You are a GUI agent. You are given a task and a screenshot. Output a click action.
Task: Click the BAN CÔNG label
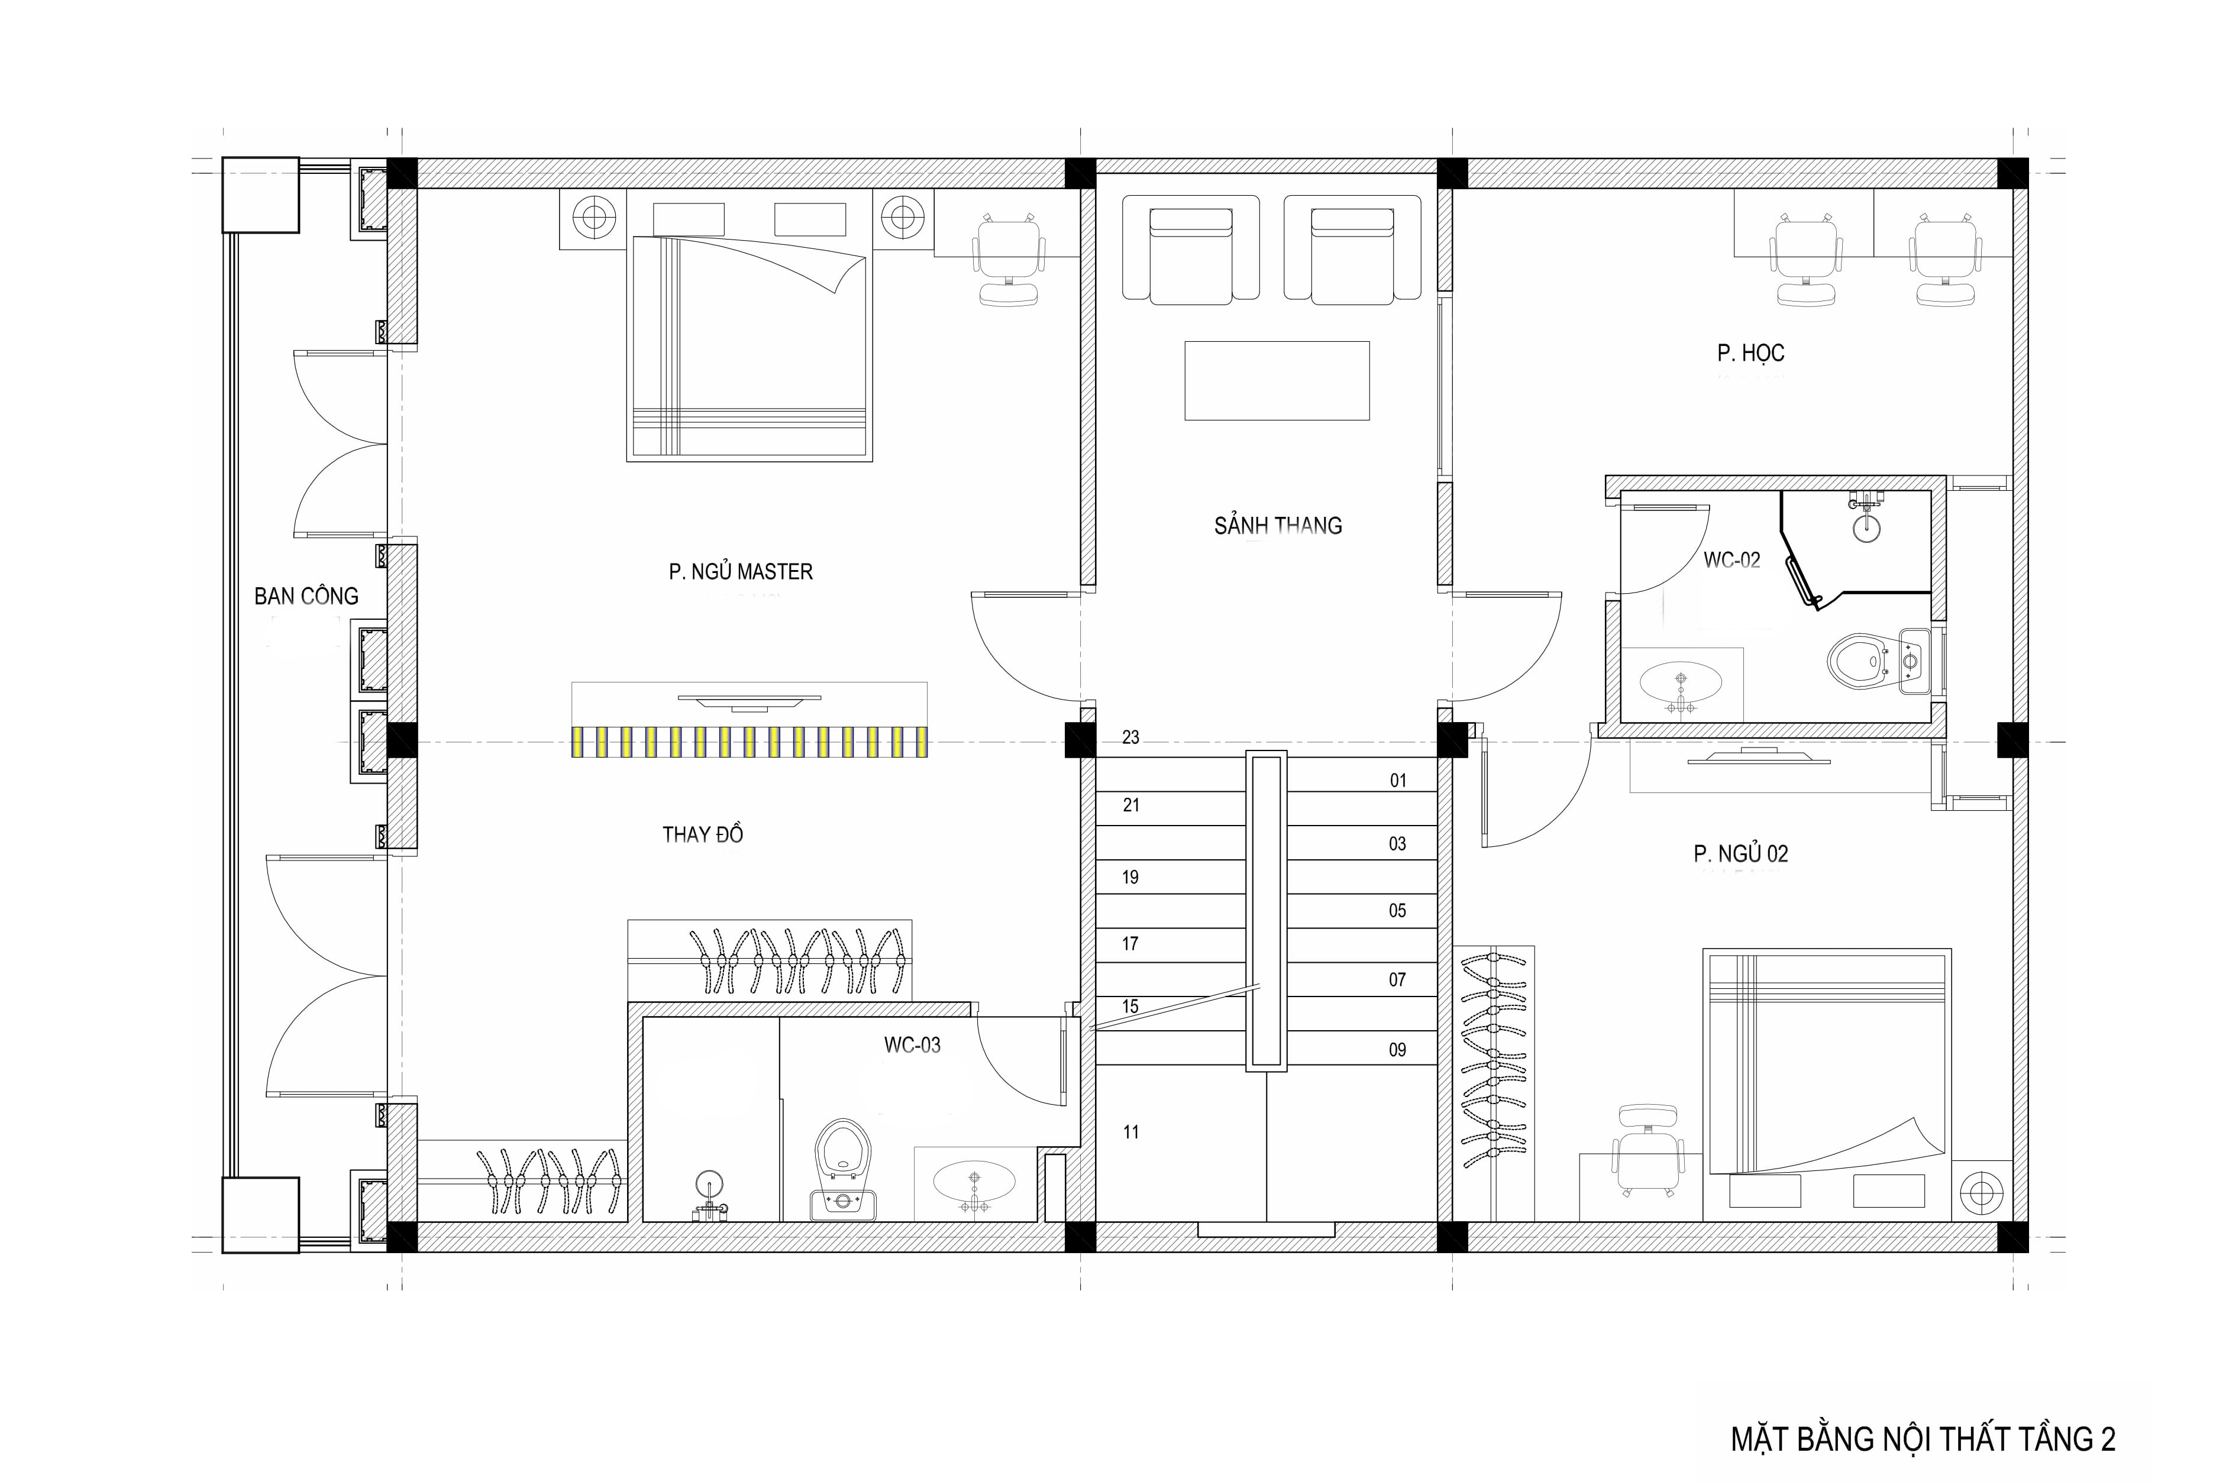306,596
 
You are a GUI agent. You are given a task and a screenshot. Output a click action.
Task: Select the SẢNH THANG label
1278,526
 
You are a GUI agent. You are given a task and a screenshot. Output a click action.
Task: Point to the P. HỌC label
1750,354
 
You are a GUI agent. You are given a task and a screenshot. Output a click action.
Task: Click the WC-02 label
1731,561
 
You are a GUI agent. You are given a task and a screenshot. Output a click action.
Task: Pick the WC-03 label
912,1046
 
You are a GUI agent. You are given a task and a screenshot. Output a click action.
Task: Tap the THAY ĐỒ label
702,834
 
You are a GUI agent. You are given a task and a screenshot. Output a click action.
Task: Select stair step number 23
1130,737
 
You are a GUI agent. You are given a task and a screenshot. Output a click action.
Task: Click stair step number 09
1397,1049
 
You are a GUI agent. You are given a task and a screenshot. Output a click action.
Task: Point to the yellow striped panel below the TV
750,742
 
